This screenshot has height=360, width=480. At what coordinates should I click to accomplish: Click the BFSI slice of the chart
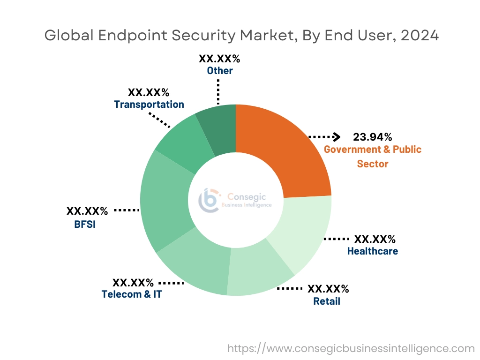point(164,206)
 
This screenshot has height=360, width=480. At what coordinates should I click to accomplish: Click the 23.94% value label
point(373,137)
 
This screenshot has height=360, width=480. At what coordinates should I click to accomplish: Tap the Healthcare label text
point(372,251)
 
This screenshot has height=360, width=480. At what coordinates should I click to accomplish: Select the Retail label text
point(327,301)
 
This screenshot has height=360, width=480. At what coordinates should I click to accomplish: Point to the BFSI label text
point(84,224)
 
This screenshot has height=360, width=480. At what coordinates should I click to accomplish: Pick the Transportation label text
point(149,104)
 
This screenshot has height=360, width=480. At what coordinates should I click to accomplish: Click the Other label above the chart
point(220,71)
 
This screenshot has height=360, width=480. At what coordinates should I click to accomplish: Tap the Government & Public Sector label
point(373,157)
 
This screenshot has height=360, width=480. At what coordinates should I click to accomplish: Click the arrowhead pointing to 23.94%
point(336,137)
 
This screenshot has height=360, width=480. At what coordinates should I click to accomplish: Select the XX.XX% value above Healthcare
point(375,239)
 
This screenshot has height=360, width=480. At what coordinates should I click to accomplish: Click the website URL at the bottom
point(351,348)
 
